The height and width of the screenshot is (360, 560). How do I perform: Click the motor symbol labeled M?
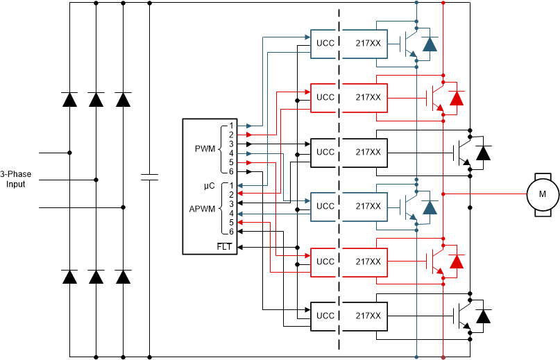point(542,193)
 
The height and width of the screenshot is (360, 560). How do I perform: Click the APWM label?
point(204,208)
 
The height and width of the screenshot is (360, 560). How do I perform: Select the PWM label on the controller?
point(206,148)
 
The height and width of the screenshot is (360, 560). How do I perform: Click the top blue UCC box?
point(325,43)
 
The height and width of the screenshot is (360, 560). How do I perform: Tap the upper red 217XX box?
point(367,97)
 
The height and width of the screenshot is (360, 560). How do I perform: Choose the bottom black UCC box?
point(325,316)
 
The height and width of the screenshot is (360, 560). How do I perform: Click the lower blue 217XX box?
point(367,206)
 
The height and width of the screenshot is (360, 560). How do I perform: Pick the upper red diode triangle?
point(456,98)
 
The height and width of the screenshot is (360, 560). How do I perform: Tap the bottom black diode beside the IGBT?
point(483,316)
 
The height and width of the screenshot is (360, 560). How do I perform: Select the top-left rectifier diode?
point(69,99)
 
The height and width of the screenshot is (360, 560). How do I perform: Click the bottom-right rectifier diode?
point(123,277)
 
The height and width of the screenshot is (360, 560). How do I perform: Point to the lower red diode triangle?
point(456,262)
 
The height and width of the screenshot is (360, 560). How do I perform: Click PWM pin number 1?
point(232,126)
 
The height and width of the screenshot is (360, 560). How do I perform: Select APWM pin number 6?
point(232,232)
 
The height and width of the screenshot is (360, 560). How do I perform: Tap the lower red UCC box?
point(325,262)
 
